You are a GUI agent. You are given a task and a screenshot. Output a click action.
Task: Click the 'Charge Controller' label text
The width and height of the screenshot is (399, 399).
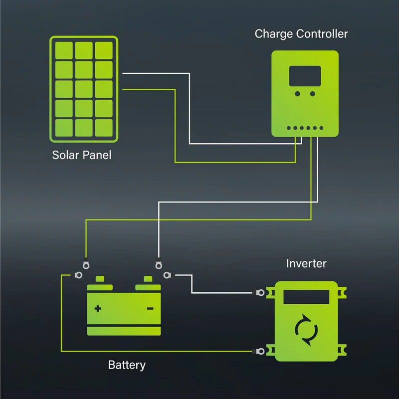click(x=301, y=34)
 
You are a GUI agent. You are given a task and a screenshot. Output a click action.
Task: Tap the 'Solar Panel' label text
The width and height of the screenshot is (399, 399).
click(x=82, y=155)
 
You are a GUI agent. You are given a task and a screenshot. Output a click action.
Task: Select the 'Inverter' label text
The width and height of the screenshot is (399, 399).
click(x=306, y=263)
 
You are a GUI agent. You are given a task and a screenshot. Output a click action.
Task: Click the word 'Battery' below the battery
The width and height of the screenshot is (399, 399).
click(x=127, y=365)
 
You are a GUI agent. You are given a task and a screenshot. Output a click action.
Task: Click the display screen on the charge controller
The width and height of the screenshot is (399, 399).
click(x=305, y=76)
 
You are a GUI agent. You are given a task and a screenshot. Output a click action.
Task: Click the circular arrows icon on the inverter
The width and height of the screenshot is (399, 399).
click(x=306, y=329)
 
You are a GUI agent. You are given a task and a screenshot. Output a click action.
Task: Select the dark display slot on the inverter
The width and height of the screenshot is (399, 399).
click(x=306, y=297)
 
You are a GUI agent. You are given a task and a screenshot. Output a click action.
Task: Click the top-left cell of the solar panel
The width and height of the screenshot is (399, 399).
click(x=64, y=50)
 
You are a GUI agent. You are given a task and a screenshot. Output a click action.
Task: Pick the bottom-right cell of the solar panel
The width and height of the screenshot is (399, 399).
click(x=104, y=128)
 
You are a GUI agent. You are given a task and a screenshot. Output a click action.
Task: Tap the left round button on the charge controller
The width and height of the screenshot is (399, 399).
click(x=298, y=94)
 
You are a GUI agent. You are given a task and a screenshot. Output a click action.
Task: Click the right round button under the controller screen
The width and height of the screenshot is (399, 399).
click(x=312, y=94)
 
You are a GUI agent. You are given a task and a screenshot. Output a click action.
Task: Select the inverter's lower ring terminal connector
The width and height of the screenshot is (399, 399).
click(x=260, y=352)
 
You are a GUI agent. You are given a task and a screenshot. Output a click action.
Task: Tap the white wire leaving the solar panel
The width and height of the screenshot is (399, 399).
click(x=155, y=73)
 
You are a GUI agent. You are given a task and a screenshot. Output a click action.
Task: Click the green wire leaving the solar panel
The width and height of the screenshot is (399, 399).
click(x=150, y=89)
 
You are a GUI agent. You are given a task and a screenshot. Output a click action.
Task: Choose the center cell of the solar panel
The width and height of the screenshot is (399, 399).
click(x=84, y=89)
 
